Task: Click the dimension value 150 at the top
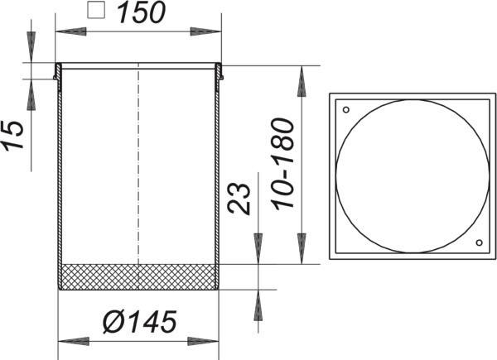coord(142,13)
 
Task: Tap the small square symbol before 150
coord(96,10)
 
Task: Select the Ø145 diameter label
coord(140,322)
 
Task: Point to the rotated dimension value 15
coord(13,135)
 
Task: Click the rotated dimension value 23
coord(239,199)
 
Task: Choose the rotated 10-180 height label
coord(283,164)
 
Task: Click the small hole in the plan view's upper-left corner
coord(346,110)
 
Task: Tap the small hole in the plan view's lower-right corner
coord(480,242)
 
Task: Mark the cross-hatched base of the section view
coord(138,276)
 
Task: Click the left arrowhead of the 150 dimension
coord(71,31)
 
